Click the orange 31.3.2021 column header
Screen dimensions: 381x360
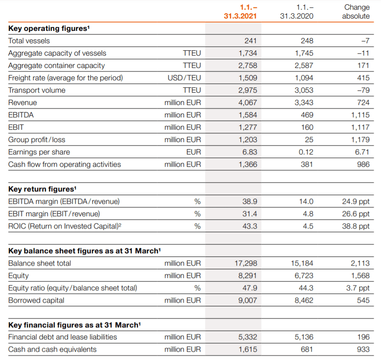point(240,11)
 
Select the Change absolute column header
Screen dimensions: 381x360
point(356,11)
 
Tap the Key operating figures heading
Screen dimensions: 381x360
point(49,28)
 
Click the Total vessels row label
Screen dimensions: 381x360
point(29,41)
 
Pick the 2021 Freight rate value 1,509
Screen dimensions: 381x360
point(247,78)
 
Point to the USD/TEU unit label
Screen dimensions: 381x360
point(184,78)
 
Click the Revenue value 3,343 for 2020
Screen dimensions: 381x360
point(304,103)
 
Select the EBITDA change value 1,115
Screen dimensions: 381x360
point(360,115)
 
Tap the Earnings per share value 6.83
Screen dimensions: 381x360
point(250,152)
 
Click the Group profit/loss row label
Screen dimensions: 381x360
point(37,140)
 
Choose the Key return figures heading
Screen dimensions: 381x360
point(42,189)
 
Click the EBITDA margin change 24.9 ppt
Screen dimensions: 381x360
point(356,202)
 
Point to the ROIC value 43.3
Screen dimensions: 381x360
point(250,226)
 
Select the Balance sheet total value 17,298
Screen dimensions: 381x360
point(246,263)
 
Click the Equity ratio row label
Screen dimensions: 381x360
point(73,288)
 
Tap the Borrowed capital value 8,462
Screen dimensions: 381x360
point(304,300)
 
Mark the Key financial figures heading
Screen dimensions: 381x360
point(75,325)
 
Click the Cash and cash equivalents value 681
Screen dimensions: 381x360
point(306,349)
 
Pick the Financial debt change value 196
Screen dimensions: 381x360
point(363,337)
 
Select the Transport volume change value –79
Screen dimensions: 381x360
point(363,90)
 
